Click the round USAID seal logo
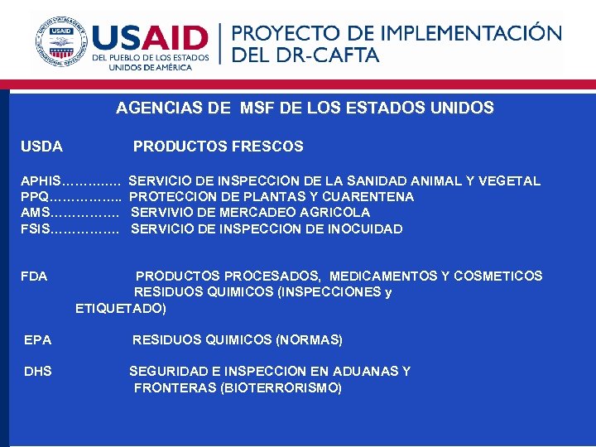(61, 42)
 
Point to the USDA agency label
(41, 147)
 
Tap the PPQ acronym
(35, 197)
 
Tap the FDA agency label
(34, 276)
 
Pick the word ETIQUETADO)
(121, 309)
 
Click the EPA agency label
(38, 340)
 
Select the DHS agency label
(38, 372)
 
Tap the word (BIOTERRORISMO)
(281, 388)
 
